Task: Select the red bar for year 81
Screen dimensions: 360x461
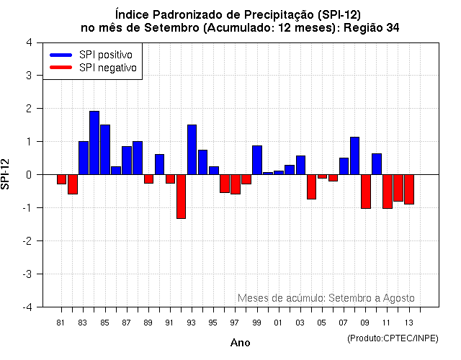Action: [61, 179]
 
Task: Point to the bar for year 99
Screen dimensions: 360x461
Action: [257, 160]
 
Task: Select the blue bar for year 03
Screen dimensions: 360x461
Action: [300, 165]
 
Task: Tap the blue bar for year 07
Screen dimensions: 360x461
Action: [344, 166]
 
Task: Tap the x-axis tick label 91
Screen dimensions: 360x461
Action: [170, 322]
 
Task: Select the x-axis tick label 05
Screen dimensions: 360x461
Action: [322, 322]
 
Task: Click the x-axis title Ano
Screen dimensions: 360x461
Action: [240, 343]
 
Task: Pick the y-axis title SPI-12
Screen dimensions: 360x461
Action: [7, 174]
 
